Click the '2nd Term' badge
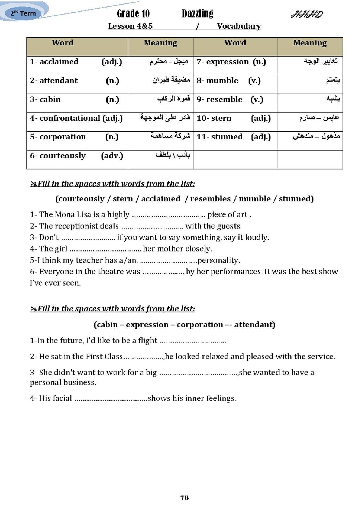(x=23, y=13)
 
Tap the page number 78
(x=184, y=497)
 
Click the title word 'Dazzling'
(x=197, y=14)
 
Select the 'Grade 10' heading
(x=133, y=14)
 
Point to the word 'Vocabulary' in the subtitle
(x=239, y=26)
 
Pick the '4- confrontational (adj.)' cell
(x=77, y=118)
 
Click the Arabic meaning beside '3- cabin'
(x=173, y=99)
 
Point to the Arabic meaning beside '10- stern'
(x=319, y=118)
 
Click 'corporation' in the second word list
(x=200, y=324)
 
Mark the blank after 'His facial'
(x=111, y=399)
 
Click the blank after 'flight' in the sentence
(x=192, y=341)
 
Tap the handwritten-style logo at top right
(x=307, y=15)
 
